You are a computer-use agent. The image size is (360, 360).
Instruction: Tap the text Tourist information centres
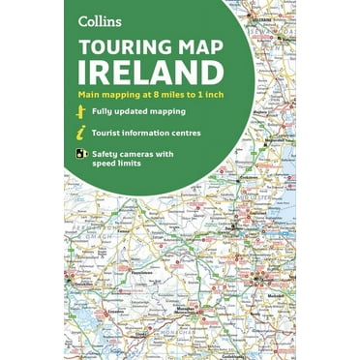[147, 133]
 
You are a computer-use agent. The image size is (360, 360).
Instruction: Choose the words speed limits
[123, 165]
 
